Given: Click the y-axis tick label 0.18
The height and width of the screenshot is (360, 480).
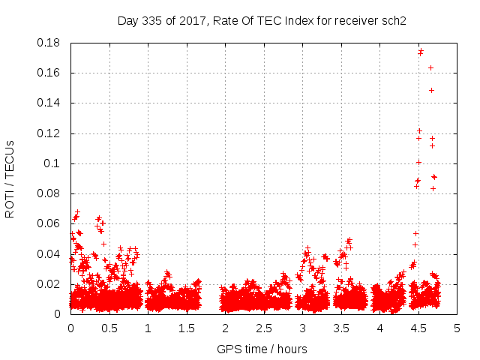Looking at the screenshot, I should pos(49,43).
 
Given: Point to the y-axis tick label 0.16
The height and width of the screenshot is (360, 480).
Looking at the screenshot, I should pos(49,73).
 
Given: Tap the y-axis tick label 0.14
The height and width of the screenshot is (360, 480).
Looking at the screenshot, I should pos(49,103).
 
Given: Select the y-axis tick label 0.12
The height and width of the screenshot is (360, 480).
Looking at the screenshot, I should pos(49,133).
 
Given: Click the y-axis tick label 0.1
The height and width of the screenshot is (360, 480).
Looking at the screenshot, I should pos(53,163).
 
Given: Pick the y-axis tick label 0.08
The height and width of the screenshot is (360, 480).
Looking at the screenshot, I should pos(49,193).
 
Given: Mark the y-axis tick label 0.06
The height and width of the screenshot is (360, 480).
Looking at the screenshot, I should pos(49,223).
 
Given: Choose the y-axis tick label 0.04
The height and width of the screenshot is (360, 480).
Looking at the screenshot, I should pos(49,253).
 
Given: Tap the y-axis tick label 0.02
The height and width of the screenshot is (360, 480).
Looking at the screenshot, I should pos(49,284).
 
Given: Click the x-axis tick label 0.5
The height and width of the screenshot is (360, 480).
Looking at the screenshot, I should pos(109,328).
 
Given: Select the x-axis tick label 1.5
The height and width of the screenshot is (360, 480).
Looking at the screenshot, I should pos(187,328).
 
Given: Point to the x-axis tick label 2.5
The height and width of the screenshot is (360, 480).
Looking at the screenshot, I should pos(264,328).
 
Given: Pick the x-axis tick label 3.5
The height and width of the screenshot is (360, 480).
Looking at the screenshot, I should pos(341,328).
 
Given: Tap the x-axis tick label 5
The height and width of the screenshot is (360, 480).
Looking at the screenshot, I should pos(457,328).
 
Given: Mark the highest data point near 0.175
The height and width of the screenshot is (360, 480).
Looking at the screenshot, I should pos(421,51).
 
